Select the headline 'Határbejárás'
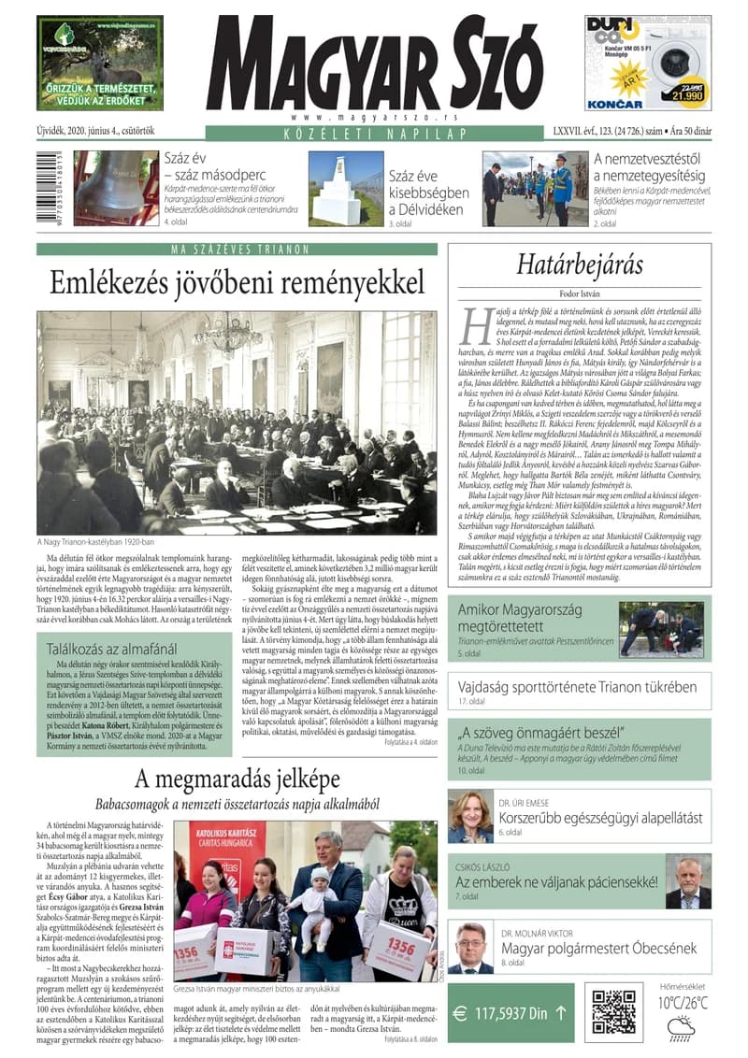tap(581, 265)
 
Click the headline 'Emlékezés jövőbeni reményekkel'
tap(237, 283)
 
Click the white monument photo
tap(345, 189)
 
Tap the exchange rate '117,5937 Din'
tap(510, 1011)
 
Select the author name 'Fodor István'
tap(581, 293)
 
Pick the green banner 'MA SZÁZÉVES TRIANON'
tap(237, 250)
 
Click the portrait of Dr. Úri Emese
tap(470, 816)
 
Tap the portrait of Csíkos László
tap(688, 881)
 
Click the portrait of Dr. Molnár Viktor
tap(470, 948)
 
